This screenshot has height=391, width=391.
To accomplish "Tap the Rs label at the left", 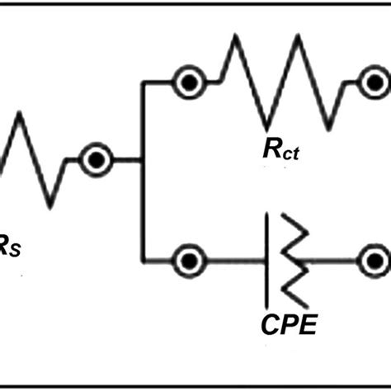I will click(x=10, y=244).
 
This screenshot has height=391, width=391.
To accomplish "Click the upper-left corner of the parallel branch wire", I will click(x=144, y=82).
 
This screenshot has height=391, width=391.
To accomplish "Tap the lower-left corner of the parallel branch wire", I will click(x=144, y=261).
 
